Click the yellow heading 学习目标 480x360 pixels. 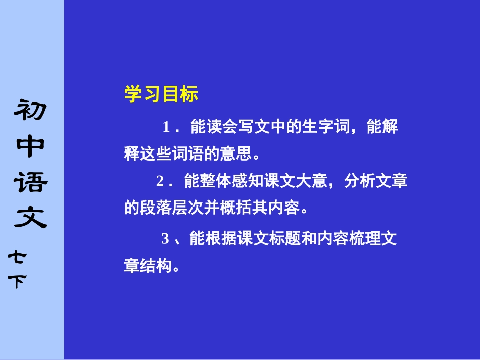[x=161, y=94]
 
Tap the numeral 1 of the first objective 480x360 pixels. [x=167, y=127]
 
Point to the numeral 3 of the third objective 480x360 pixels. [x=165, y=239]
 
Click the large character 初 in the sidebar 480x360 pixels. [x=31, y=110]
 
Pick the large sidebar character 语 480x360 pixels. [x=31, y=183]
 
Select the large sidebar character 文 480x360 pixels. [x=31, y=219]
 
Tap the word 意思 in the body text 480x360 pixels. [x=237, y=153]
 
